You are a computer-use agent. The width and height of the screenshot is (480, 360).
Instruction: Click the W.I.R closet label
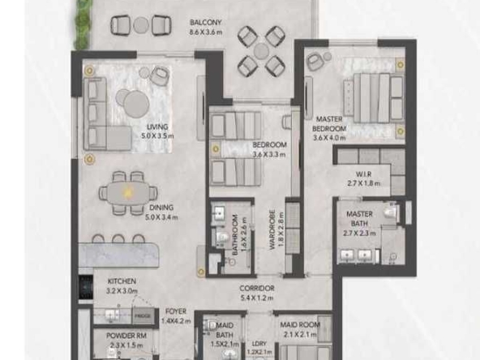coord(363,174)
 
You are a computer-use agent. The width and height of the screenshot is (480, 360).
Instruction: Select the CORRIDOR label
coord(256,288)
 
